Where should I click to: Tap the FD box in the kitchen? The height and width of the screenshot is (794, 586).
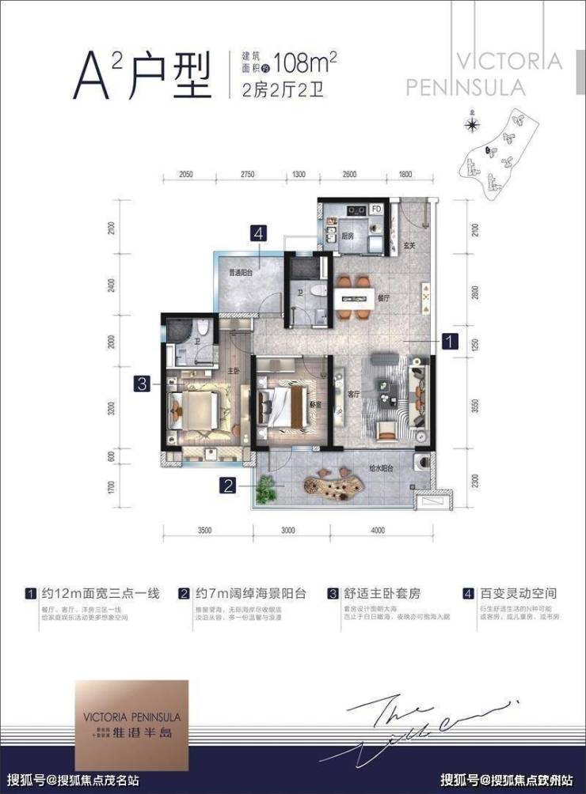click(377, 210)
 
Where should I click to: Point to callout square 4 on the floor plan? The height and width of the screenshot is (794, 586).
click(258, 233)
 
